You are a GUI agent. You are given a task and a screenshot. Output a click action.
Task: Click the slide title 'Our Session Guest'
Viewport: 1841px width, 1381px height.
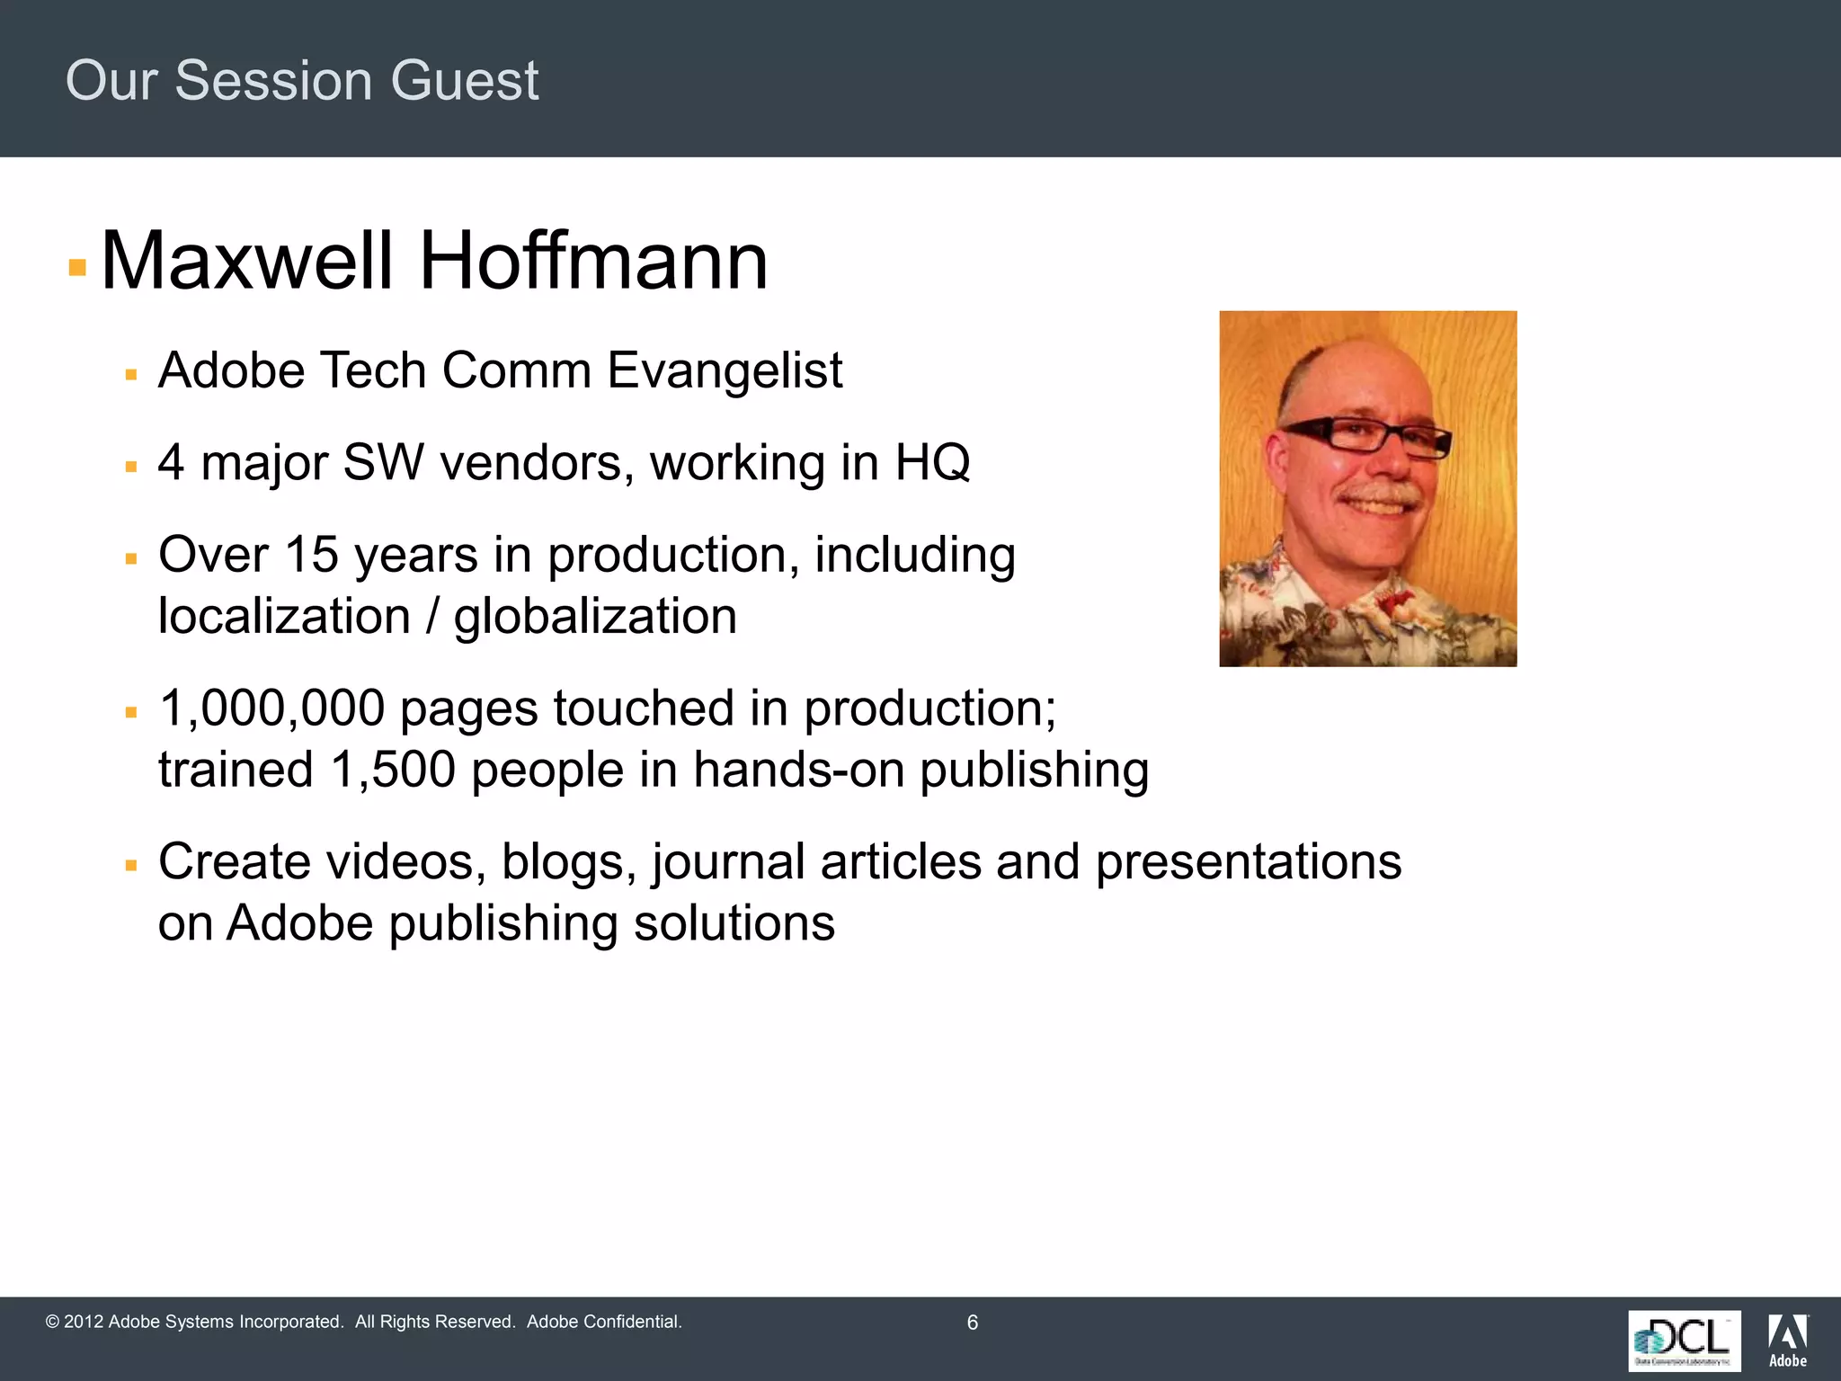coord(302,81)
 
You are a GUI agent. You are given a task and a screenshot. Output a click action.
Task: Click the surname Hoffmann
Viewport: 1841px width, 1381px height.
coord(593,262)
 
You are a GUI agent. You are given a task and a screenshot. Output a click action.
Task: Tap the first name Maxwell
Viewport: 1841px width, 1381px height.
coord(247,262)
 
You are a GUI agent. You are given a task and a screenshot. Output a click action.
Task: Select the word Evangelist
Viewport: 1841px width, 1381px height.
coord(725,370)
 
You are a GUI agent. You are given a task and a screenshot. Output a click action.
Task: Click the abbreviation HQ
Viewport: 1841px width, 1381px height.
coord(932,463)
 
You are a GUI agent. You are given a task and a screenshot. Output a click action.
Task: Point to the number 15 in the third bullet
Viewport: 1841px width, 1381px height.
coord(311,555)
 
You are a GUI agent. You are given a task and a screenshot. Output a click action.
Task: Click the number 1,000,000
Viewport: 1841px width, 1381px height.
coord(272,708)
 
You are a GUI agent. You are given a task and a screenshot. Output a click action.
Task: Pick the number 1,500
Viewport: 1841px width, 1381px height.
coord(393,771)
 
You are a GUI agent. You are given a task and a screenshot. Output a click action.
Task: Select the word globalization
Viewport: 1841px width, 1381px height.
coord(595,617)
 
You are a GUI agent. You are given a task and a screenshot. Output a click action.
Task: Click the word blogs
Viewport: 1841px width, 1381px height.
coord(569,862)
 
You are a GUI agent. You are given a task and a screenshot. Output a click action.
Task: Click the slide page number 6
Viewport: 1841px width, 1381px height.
coord(972,1323)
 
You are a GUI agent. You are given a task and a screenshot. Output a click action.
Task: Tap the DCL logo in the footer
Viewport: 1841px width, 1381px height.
coord(1684,1341)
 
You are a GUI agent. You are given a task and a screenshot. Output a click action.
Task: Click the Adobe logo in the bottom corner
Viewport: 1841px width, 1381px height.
coord(1788,1341)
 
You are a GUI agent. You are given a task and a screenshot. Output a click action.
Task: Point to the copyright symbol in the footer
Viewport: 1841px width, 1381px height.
coord(52,1323)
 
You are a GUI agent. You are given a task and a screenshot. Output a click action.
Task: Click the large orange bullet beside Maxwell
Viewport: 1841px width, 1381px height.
coord(77,267)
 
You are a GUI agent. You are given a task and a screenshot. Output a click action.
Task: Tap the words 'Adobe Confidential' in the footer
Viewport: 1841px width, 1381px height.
coord(604,1323)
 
